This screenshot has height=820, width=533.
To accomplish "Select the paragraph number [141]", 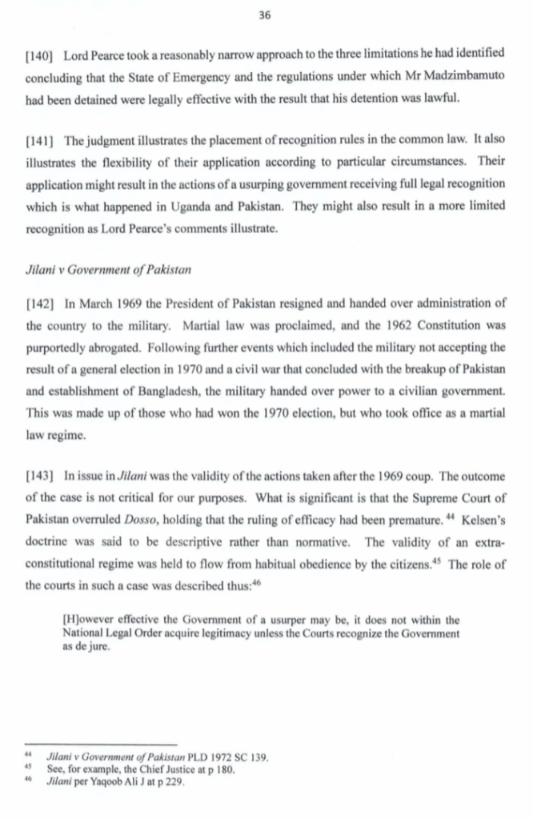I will point(40,142).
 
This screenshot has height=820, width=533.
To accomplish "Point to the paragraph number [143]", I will point(40,477).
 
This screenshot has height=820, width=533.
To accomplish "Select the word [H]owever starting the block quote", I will point(87,619).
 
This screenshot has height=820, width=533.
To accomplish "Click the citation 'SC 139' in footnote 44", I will point(246,757).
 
